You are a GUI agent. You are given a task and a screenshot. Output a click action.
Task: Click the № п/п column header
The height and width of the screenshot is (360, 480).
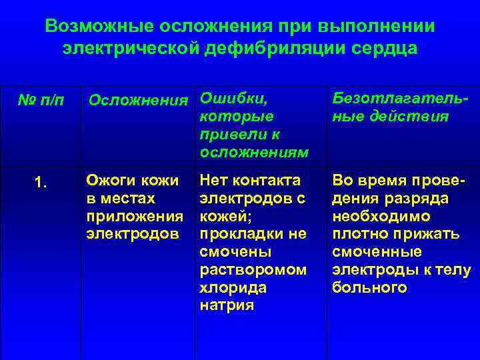[x=41, y=101]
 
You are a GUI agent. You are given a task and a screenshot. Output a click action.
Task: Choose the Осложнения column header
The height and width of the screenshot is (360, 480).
[x=139, y=101]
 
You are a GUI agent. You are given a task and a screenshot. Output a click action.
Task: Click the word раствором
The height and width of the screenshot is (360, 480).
[x=254, y=270]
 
